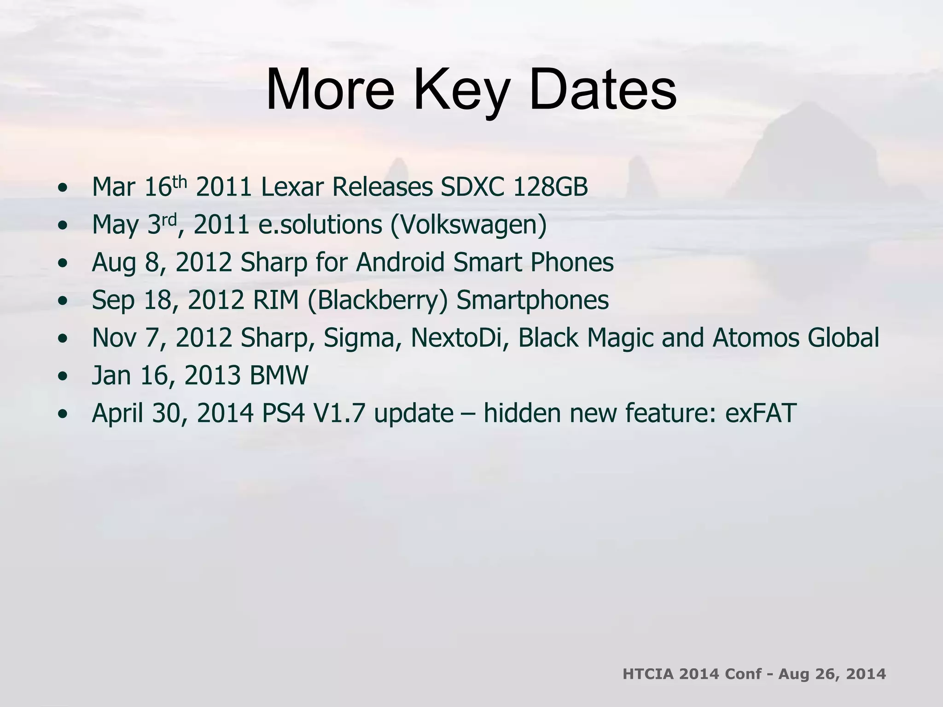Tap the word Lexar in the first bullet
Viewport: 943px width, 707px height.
[291, 187]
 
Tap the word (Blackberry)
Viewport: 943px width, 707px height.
[377, 301]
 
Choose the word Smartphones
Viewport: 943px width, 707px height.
[532, 301]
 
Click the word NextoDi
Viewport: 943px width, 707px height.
[459, 338]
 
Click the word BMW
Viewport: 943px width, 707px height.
[279, 376]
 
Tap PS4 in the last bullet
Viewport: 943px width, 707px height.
[283, 413]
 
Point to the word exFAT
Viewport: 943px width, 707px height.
[761, 413]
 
